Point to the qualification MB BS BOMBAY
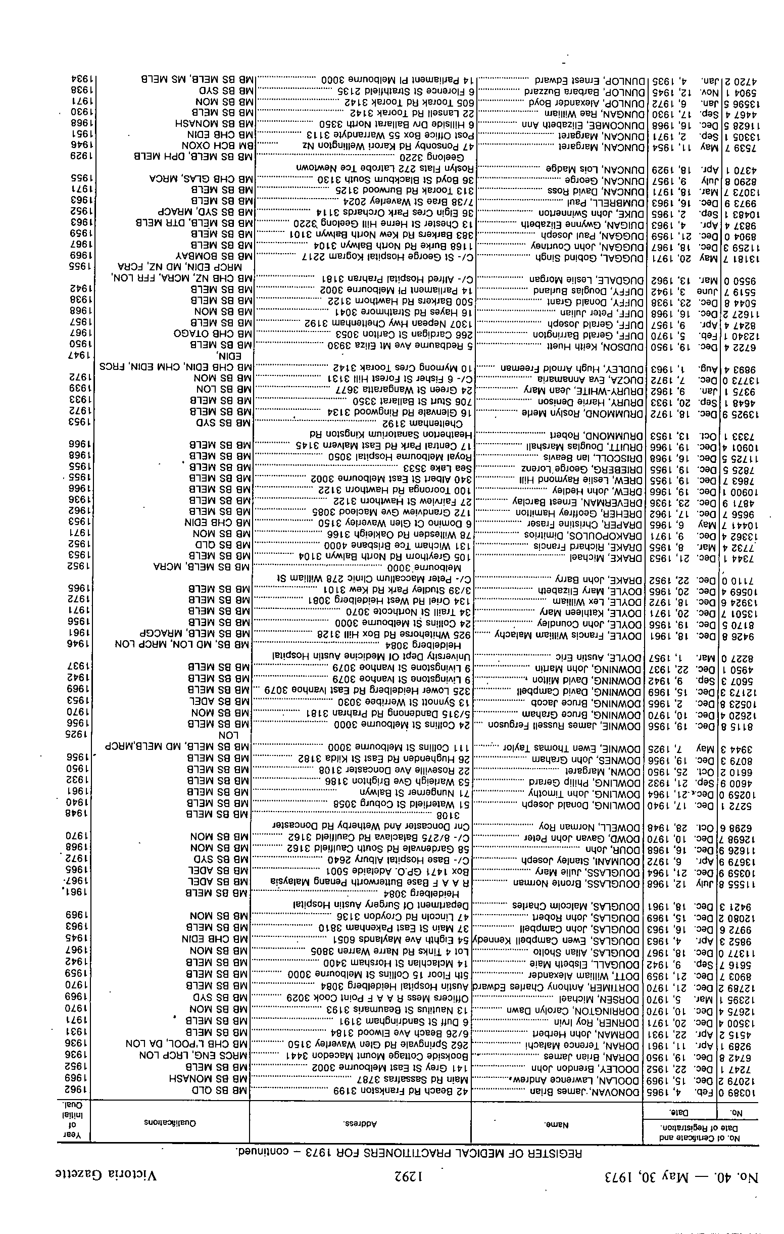coord(215,255)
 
